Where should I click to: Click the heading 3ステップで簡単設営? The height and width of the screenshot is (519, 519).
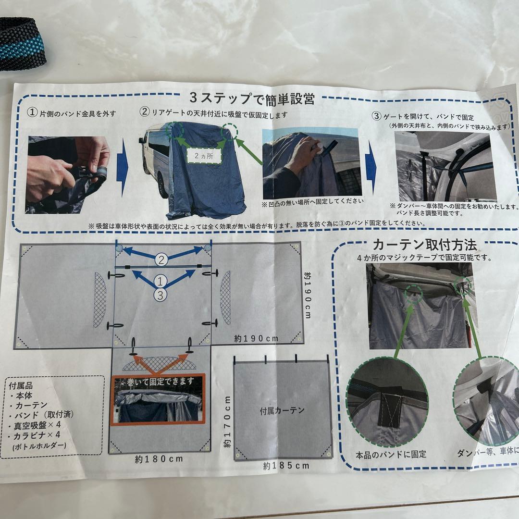click(252, 99)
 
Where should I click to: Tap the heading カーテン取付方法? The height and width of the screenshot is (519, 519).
click(425, 245)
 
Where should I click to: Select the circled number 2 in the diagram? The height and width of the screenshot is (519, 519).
click(161, 260)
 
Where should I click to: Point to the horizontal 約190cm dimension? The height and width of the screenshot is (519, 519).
click(257, 338)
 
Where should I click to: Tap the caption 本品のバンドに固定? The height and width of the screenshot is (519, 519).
click(390, 454)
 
